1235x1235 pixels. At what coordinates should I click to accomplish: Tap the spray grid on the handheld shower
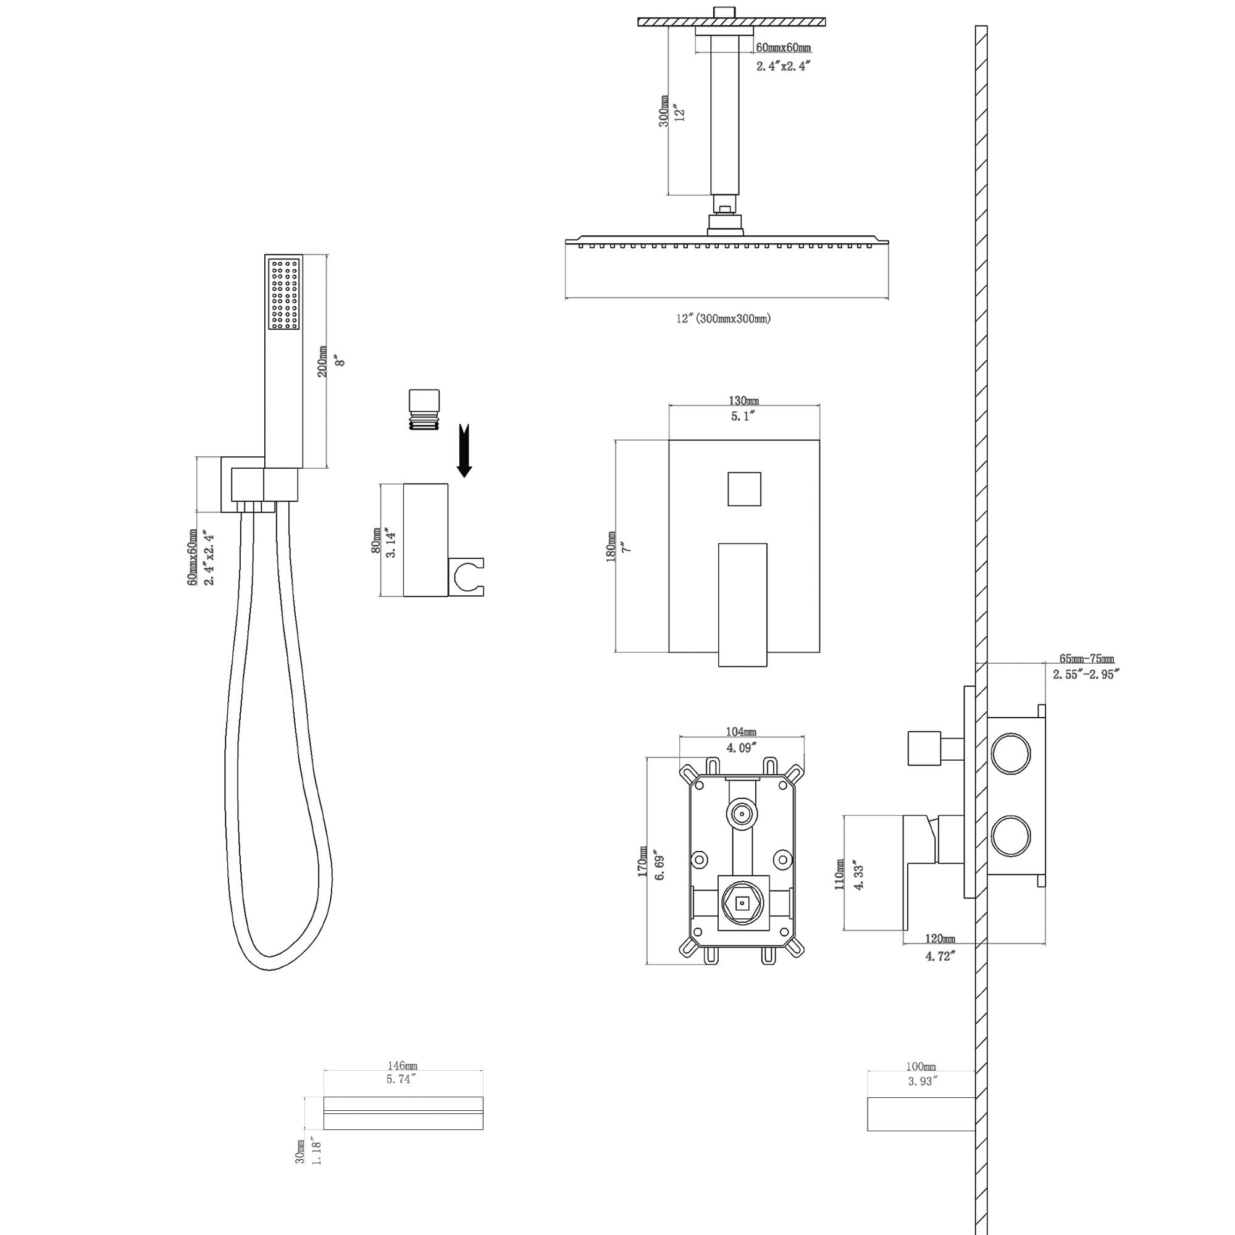[284, 295]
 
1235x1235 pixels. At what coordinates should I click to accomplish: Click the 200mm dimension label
[323, 362]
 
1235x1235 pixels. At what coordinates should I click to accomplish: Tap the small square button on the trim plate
[744, 489]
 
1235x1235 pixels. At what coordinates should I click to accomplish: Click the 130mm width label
[743, 401]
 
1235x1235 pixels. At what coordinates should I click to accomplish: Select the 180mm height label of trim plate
[611, 547]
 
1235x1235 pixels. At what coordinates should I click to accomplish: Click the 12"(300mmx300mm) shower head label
[724, 319]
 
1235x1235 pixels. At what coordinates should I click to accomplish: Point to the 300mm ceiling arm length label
[664, 111]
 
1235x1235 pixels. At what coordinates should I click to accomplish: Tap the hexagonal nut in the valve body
[742, 904]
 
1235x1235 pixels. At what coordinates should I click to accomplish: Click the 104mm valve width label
[741, 732]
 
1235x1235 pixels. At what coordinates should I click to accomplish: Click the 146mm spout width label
[403, 1066]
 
